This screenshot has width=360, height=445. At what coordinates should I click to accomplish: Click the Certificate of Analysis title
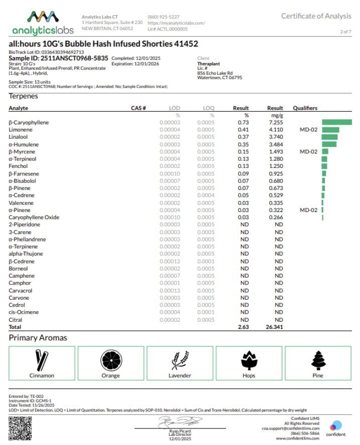tap(316, 16)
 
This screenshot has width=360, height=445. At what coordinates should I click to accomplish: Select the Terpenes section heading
tap(23, 96)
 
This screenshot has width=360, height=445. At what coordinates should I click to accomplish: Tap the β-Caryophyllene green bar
tap(336, 122)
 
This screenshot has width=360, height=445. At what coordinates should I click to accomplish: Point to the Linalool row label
tap(18, 137)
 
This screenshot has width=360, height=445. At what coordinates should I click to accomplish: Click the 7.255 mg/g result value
tap(275, 122)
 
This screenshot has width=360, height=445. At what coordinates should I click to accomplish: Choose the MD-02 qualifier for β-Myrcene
tap(308, 151)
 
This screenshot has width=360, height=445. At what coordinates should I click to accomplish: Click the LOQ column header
tap(209, 108)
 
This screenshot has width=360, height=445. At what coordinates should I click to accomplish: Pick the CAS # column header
tap(138, 108)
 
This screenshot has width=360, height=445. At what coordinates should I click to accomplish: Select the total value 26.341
tap(275, 327)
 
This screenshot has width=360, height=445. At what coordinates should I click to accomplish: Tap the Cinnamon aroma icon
tap(42, 359)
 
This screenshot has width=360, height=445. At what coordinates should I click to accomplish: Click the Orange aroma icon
tap(111, 359)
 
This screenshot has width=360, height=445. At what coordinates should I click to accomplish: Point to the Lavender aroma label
tap(179, 375)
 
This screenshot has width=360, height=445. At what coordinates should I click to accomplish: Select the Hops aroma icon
tap(249, 359)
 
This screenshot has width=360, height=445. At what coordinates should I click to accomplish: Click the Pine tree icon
tap(318, 359)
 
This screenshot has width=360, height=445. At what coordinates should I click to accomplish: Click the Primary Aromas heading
tap(38, 338)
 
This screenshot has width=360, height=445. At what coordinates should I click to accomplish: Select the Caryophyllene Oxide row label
tap(34, 217)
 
